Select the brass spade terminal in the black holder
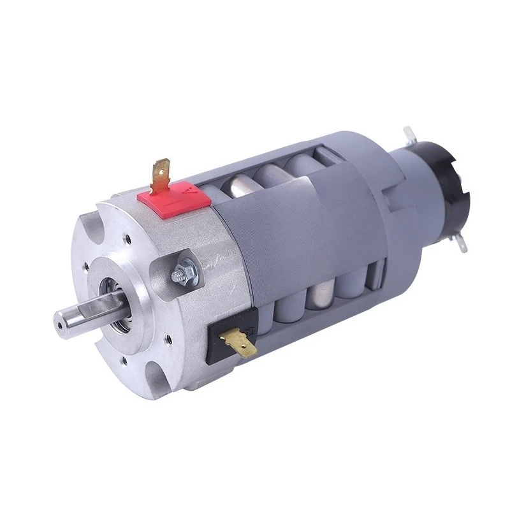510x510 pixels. (240, 340)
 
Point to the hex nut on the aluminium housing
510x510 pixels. (180, 275)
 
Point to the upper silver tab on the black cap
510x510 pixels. (408, 135)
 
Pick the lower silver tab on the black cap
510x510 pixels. (460, 241)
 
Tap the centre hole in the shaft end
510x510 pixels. (59, 324)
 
